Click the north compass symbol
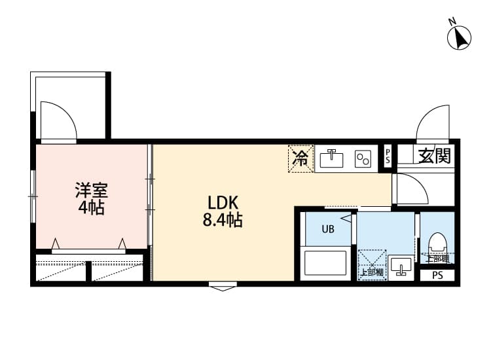tap(460, 37)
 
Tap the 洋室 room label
tap(91, 191)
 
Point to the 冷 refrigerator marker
tap(300, 158)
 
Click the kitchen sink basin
tap(333, 158)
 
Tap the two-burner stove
tap(363, 158)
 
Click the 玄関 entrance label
tap(434, 156)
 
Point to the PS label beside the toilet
tap(437, 276)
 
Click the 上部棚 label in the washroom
tap(371, 272)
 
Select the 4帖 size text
tap(91, 208)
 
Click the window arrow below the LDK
tap(223, 285)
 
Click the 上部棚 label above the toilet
tap(437, 259)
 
